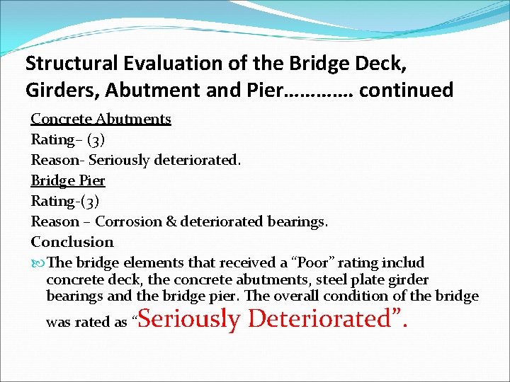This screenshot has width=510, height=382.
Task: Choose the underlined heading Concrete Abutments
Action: [x=101, y=119]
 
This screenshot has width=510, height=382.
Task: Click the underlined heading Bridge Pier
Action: [x=68, y=180]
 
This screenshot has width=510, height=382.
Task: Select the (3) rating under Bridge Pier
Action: [x=90, y=202]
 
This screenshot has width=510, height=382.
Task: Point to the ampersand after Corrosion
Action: [x=171, y=222]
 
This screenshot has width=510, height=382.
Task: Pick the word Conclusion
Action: [x=72, y=242]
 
